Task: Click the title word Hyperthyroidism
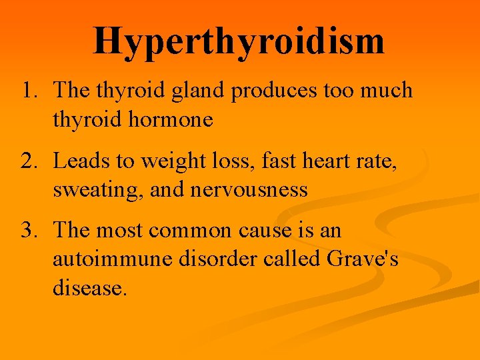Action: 239,41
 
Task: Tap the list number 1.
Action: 30,90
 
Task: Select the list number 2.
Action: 30,161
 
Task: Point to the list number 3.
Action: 30,231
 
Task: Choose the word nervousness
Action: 249,191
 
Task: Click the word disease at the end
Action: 89,288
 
